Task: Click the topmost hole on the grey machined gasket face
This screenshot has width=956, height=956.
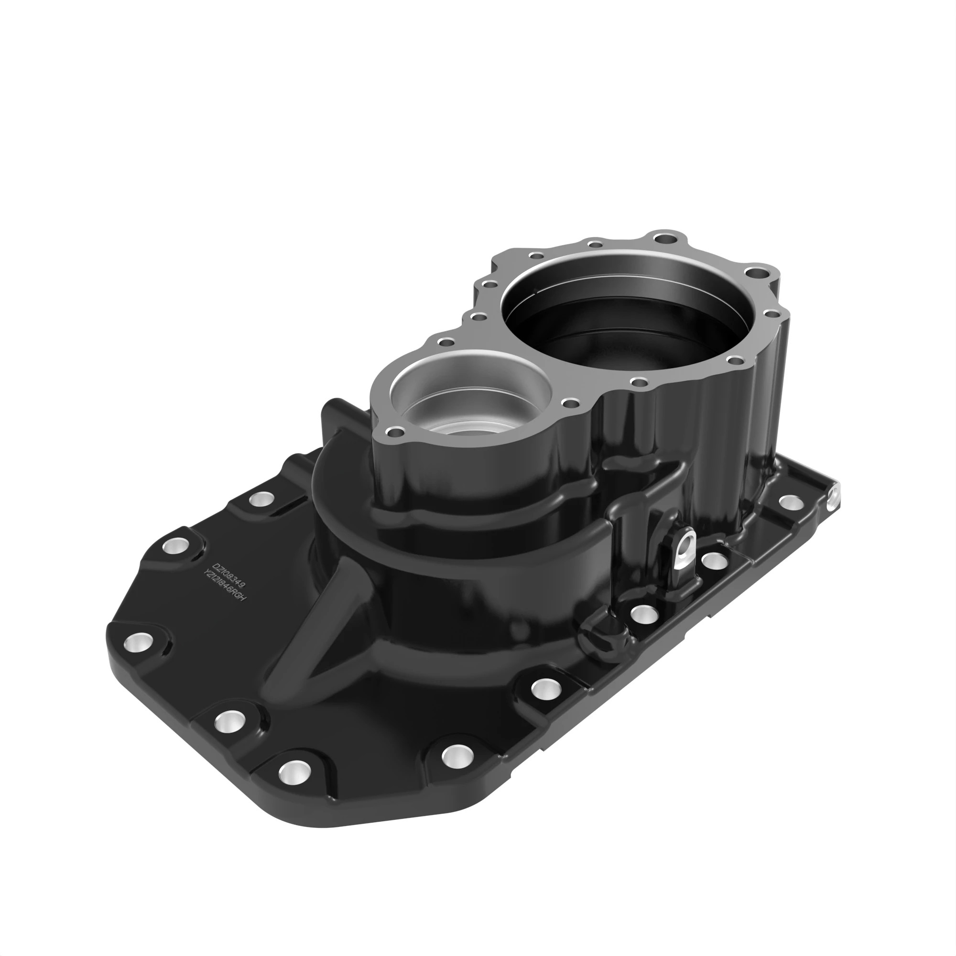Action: [x=665, y=239]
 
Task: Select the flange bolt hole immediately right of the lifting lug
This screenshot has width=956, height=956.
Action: [x=714, y=560]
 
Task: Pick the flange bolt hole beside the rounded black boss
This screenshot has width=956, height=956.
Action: [x=644, y=614]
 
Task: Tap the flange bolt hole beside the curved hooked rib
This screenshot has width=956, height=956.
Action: [x=261, y=498]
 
